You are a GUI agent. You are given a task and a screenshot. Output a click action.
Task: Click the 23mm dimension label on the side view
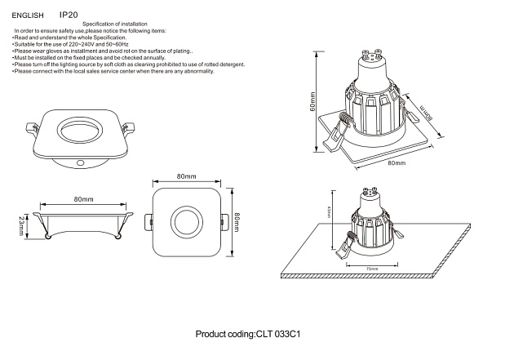pyautogui.click(x=21, y=223)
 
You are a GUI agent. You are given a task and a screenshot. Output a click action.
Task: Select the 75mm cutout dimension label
pyautogui.click(x=372, y=269)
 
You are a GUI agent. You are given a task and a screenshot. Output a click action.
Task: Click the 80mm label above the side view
pyautogui.click(x=82, y=199)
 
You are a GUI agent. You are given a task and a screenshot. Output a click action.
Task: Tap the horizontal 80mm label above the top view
pyautogui.click(x=186, y=176)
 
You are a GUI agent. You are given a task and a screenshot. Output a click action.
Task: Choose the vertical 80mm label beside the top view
pyautogui.click(x=237, y=220)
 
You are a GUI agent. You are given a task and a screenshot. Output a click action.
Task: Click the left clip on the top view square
pyautogui.click(x=149, y=221)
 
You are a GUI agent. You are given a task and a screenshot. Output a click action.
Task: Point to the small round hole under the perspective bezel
pyautogui.click(x=82, y=164)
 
